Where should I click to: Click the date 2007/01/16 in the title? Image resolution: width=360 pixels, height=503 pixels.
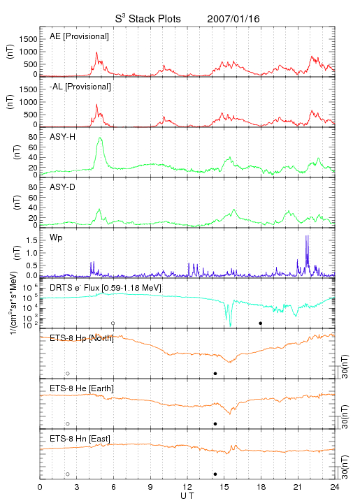pos(233,19)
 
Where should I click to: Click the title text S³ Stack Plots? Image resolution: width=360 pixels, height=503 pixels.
pos(148,19)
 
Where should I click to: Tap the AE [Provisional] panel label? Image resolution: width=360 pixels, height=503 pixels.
pos(79,36)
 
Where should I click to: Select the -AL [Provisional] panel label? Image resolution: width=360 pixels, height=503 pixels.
pos(80,87)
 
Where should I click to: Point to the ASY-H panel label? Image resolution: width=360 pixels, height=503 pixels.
pos(63,137)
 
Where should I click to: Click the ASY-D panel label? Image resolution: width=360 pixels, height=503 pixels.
pos(63,187)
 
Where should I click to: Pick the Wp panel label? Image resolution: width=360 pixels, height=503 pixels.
pos(56,238)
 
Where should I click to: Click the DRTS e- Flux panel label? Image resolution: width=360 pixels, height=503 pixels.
pos(106,288)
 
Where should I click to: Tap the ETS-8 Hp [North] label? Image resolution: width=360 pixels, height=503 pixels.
pos(82,338)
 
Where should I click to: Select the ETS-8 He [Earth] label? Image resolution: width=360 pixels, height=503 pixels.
pos(82,388)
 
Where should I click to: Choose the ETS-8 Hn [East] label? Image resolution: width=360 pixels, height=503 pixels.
pos(80,439)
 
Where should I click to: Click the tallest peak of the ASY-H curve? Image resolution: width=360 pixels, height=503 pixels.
pos(100,138)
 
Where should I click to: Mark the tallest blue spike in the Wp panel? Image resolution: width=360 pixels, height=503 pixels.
pos(307,236)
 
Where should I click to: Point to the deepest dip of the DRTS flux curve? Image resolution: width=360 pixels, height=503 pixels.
pos(230,326)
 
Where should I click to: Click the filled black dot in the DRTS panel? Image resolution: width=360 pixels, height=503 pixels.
pos(261,323)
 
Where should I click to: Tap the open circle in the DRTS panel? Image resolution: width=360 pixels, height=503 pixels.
pos(113,323)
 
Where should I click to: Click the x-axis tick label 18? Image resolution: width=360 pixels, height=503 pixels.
pos(261,487)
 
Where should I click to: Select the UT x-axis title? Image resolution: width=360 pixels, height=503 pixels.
pos(187,496)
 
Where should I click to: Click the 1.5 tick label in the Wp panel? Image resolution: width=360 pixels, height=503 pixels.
pos(31,240)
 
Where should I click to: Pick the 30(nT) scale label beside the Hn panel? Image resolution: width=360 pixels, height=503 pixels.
pos(345,467)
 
